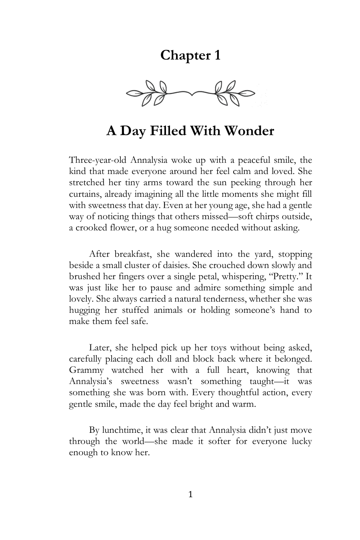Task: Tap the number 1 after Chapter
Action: click(x=216, y=55)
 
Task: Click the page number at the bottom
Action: click(x=190, y=495)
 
